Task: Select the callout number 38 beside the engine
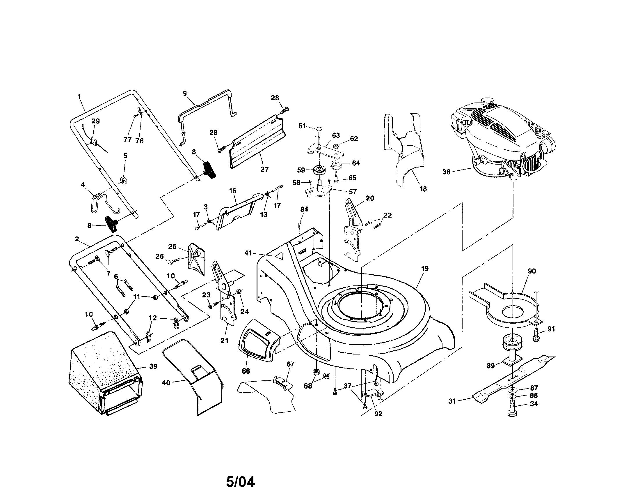[446, 172]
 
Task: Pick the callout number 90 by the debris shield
[532, 271]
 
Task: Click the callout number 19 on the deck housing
[425, 269]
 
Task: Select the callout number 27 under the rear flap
[264, 170]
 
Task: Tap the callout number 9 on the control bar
[185, 93]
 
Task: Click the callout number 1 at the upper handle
[79, 96]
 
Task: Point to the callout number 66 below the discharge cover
[246, 371]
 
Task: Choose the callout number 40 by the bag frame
[166, 383]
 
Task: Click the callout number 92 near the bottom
[378, 414]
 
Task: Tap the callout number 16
[233, 191]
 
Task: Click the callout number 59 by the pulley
[301, 170]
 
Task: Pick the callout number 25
[172, 246]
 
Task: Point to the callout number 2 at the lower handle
[77, 239]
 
